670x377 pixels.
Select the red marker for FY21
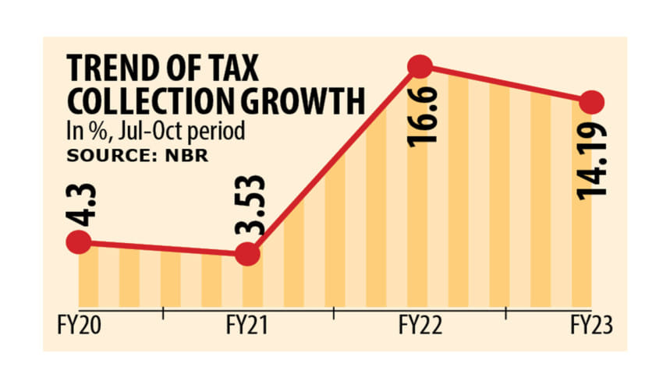point(247,254)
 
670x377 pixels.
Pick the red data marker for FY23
point(593,102)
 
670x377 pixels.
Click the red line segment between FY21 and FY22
point(334,160)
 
